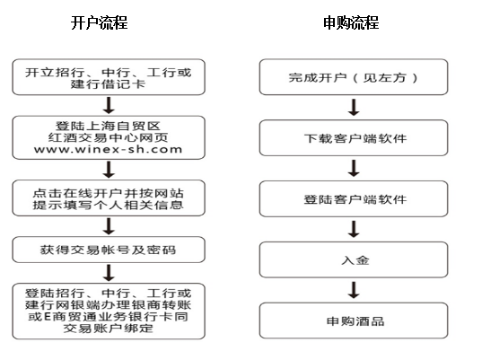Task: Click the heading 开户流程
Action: click(99, 22)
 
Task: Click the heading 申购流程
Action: click(351, 22)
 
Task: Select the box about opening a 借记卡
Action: click(109, 77)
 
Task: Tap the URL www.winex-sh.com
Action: click(109, 150)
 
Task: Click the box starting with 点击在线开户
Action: click(109, 198)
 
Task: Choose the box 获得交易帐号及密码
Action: click(109, 250)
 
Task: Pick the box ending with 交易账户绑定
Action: click(109, 312)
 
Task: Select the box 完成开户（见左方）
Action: click(354, 77)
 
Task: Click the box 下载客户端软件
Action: click(354, 137)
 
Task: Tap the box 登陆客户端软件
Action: click(354, 198)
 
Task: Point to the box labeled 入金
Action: click(354, 259)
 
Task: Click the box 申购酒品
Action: click(354, 320)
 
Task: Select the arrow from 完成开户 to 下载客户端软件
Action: click(354, 108)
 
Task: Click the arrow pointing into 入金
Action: click(354, 229)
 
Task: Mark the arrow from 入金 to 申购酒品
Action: click(354, 290)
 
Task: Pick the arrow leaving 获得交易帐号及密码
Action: click(109, 273)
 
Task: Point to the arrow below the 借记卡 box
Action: click(109, 105)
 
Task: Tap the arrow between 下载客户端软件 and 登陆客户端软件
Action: click(354, 168)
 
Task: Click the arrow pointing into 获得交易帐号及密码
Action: click(109, 226)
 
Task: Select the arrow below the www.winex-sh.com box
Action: click(109, 170)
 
